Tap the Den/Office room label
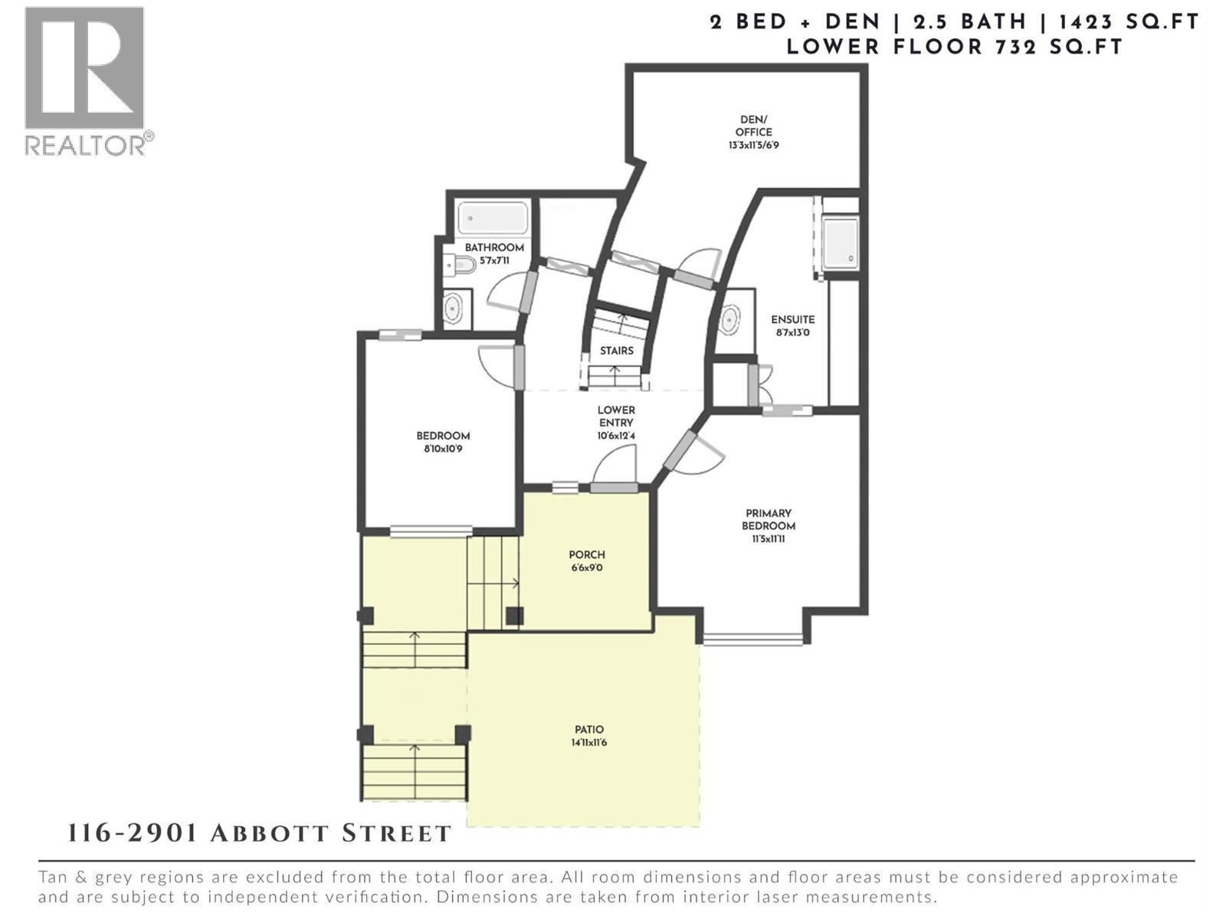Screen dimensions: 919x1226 click(754, 126)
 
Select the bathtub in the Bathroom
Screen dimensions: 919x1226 click(493, 218)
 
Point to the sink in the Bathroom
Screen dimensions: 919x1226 click(453, 308)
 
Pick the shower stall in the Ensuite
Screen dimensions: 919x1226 click(841, 243)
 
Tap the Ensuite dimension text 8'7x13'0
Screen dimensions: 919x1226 click(793, 333)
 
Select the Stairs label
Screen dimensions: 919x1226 click(617, 351)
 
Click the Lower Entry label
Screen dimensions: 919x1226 click(616, 416)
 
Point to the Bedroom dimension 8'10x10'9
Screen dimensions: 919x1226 click(443, 449)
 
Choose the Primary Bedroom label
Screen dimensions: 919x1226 click(768, 519)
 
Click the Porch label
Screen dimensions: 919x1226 click(587, 554)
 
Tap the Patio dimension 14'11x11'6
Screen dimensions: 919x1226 click(589, 742)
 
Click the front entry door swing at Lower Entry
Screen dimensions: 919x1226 click(616, 466)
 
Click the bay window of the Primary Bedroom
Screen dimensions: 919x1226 click(753, 639)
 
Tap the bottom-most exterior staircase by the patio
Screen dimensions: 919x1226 click(415, 772)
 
